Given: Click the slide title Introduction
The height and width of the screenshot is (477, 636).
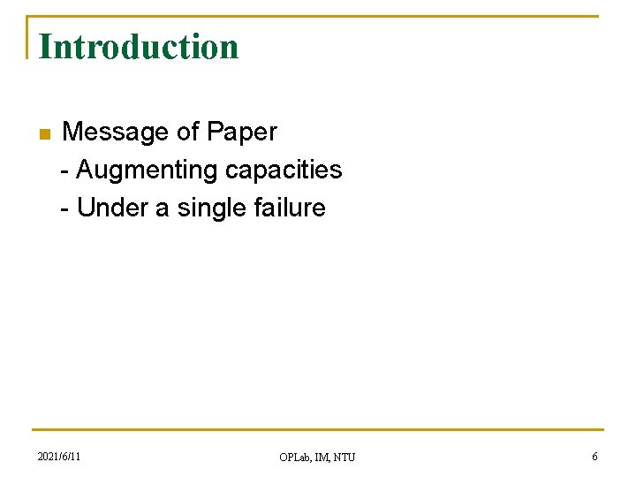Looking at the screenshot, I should [x=139, y=47].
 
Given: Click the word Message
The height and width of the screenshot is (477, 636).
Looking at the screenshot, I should [x=116, y=132].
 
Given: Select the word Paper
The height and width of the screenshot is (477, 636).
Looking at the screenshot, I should [x=241, y=132].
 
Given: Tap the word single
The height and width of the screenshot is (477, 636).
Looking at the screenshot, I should [x=208, y=208].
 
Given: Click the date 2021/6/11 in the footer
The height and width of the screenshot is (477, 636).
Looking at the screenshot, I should [x=59, y=457].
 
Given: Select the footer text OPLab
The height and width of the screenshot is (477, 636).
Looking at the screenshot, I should [x=295, y=457].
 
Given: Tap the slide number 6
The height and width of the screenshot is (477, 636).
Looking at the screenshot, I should [x=594, y=457].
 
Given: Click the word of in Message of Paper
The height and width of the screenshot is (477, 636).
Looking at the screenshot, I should [x=187, y=132].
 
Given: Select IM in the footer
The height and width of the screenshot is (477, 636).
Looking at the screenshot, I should [x=322, y=457].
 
